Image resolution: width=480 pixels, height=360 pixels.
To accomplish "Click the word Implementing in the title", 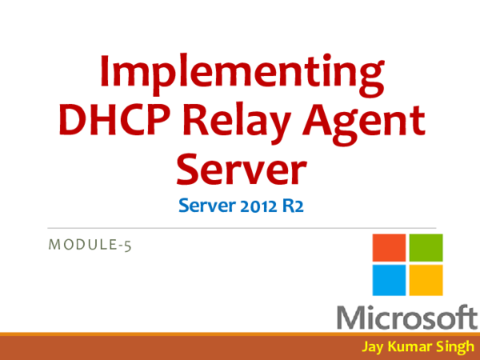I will (x=240, y=74).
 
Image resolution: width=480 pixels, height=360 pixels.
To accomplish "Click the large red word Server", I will (x=240, y=169).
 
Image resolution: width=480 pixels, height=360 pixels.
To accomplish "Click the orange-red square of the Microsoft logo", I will (x=389, y=248).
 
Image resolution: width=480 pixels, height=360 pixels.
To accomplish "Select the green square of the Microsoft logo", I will (x=426, y=248).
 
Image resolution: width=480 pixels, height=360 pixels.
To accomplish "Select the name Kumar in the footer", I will (x=411, y=347).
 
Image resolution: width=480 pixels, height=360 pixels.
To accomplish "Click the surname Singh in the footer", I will (x=454, y=347).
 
